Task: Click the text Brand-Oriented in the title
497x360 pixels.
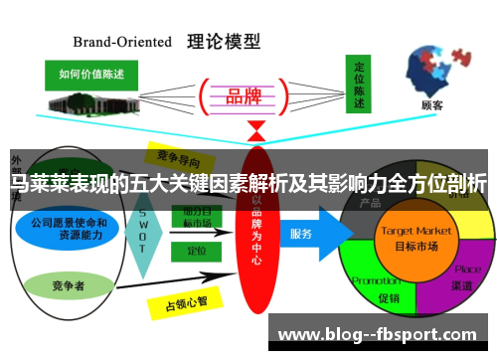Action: [123, 43]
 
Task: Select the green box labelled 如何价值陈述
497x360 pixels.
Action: [92, 75]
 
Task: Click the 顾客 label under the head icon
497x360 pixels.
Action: [432, 104]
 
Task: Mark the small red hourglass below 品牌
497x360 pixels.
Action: [256, 129]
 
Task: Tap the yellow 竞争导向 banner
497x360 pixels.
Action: [184, 155]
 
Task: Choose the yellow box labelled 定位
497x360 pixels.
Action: [197, 252]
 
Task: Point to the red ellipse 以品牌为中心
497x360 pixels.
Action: [256, 229]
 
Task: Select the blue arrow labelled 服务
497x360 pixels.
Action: [310, 235]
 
